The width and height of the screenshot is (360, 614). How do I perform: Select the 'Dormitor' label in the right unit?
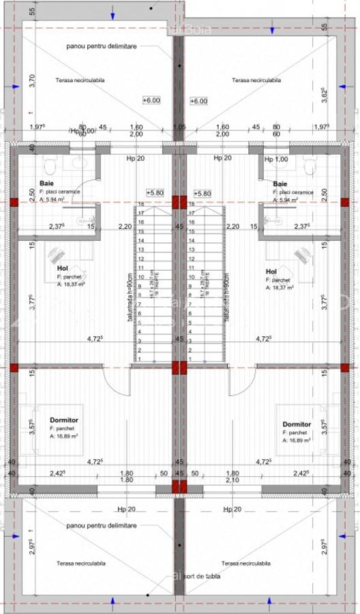(x=297, y=424)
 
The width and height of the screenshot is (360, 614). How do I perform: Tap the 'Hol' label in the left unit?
(x=63, y=269)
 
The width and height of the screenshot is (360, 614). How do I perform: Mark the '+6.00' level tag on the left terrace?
(x=151, y=100)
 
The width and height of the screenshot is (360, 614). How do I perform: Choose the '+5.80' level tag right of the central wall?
(x=203, y=194)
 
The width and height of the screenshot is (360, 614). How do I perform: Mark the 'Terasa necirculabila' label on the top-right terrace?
(x=256, y=80)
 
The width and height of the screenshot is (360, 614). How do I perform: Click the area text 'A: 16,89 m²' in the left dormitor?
(x=63, y=440)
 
